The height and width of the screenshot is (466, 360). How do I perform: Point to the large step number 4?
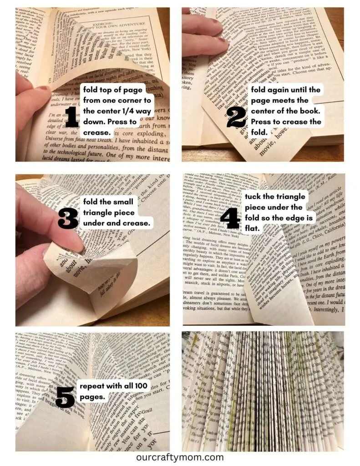(230, 217)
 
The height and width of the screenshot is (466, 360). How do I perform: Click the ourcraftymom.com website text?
(180, 457)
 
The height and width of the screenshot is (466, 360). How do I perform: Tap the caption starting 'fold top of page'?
(117, 111)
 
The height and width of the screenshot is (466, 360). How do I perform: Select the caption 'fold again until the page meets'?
(286, 111)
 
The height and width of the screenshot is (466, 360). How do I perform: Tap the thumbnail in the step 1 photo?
(42, 89)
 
